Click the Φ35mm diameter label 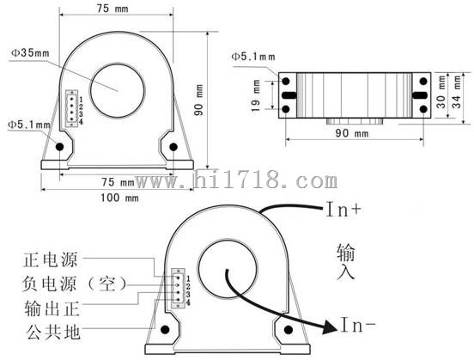click(30, 53)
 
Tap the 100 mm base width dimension click(119, 198)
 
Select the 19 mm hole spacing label click(256, 95)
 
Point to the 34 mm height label click(456, 91)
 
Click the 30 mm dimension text click(441, 91)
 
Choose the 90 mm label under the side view click(352, 133)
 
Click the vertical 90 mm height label click(199, 100)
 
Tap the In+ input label click(343, 210)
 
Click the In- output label click(359, 325)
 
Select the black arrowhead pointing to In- click(330, 326)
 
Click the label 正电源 click(50, 259)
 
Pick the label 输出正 click(52, 308)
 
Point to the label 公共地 click(53, 332)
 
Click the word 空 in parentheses click(107, 284)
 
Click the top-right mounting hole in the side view click(423, 81)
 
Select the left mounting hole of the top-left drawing click(59, 147)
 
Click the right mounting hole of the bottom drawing click(289, 330)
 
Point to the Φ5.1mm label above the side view click(253, 57)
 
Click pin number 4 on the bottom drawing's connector click(188, 302)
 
